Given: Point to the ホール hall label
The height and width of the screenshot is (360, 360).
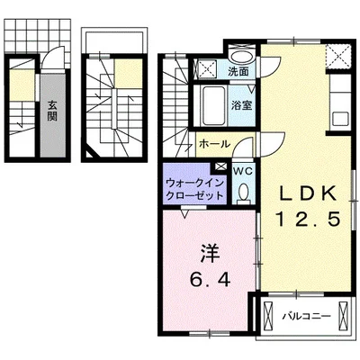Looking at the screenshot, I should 212,143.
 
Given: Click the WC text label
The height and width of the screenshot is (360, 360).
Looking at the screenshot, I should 244,168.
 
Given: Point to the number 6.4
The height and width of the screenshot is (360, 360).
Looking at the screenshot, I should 209,280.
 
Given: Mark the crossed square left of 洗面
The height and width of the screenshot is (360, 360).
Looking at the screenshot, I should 205,68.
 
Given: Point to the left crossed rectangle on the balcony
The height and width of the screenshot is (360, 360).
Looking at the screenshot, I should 268,317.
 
